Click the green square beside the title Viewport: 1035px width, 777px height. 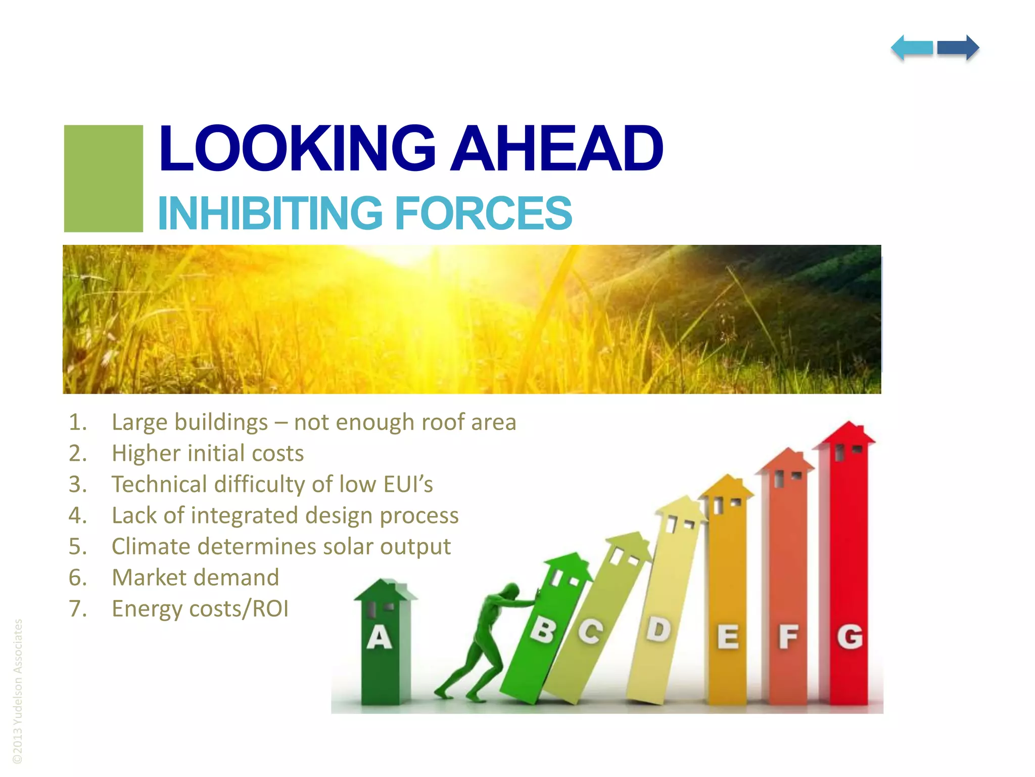coord(104,179)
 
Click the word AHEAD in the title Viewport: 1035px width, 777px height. coord(556,149)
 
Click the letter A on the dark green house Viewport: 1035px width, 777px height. coord(379,637)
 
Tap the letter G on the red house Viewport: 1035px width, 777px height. coord(850,636)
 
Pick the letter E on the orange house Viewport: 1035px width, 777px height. coord(728,637)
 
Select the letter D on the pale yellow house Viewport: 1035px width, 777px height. coord(658,630)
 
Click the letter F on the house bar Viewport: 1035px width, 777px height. coord(788,637)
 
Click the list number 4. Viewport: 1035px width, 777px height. coord(77,515)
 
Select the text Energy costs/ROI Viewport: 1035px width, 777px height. coord(200,609)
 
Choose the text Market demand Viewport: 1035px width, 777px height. coord(195,578)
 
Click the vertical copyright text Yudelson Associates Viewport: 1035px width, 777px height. coord(18,690)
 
